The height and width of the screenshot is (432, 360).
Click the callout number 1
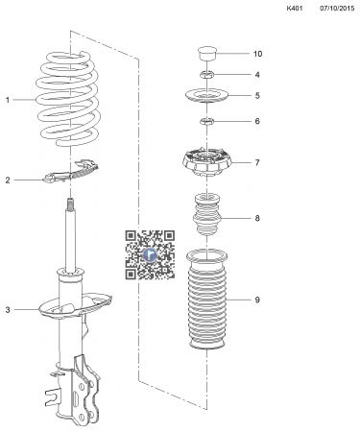[9, 99]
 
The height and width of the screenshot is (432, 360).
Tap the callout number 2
[9, 180]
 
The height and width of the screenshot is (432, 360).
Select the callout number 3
[9, 309]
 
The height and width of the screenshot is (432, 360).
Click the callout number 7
[256, 162]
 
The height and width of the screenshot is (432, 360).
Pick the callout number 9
[256, 300]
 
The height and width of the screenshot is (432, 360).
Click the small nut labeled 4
[204, 75]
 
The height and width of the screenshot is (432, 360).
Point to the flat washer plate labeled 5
[204, 97]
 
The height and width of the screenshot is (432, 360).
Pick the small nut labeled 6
[204, 121]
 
